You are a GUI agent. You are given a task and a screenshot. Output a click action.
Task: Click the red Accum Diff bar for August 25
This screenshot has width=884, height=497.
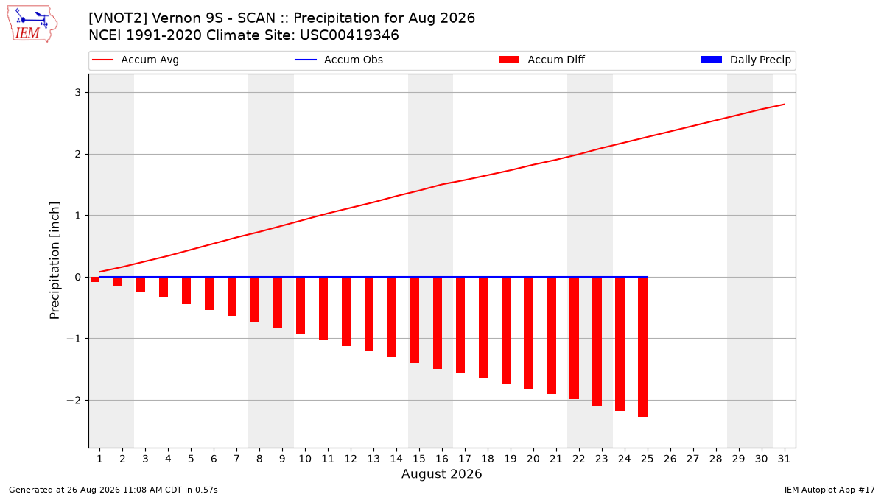(642, 347)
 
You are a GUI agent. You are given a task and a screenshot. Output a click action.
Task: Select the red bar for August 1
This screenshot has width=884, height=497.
(95, 279)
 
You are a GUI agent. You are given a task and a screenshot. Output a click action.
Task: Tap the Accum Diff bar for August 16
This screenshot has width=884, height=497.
(438, 323)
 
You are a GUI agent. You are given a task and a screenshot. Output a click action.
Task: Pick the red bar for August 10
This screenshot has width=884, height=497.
(301, 306)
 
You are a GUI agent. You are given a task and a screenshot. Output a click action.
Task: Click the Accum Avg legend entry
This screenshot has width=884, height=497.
(136, 60)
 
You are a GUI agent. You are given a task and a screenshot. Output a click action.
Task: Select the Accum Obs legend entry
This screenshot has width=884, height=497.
(339, 60)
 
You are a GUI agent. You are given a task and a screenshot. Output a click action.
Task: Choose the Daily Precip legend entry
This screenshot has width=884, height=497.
(746, 60)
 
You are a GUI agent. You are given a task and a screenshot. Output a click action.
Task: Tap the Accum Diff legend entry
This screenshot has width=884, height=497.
(542, 60)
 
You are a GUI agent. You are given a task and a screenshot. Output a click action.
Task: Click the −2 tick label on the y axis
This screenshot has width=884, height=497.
(74, 401)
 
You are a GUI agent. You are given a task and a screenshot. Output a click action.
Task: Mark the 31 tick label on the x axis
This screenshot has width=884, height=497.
(784, 459)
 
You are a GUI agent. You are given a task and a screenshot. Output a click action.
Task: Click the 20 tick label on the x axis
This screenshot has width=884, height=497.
(533, 459)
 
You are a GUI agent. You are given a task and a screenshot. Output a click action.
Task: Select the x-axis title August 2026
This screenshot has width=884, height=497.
(441, 473)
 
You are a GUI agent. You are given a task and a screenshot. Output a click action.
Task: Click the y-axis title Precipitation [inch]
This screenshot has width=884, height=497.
(55, 261)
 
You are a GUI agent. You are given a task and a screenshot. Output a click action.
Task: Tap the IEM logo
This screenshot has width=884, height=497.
(32, 24)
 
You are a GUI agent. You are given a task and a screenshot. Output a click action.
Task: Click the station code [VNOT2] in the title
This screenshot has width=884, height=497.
(118, 18)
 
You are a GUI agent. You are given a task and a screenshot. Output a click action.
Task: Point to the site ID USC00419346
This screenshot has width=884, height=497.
(349, 35)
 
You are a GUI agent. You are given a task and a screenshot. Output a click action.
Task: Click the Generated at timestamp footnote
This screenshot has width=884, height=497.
(113, 490)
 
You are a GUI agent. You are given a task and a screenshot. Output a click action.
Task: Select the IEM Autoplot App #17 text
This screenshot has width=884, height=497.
(829, 490)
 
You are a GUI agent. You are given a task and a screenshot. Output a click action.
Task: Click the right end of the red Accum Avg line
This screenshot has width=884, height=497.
(784, 105)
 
